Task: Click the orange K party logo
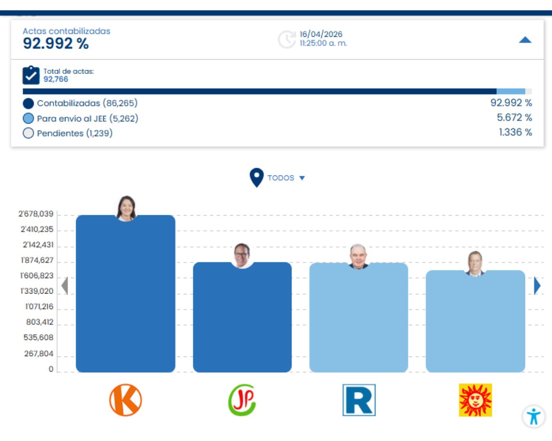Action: [x=126, y=400]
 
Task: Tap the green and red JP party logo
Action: [x=242, y=400]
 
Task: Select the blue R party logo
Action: [x=359, y=400]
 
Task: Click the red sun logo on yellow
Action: [x=475, y=400]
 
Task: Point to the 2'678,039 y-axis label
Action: [x=36, y=214]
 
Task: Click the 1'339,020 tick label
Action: [x=37, y=291]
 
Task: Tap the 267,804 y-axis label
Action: [x=38, y=354]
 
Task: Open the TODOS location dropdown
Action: [x=285, y=178]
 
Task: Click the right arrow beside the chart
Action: [x=537, y=285]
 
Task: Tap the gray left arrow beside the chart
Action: [x=65, y=285]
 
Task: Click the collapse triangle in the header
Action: [x=525, y=40]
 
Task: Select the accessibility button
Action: [x=534, y=416]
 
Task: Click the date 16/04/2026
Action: [x=321, y=34]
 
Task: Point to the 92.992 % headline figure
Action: [x=56, y=44]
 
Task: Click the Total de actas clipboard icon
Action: [x=31, y=75]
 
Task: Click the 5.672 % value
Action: [x=514, y=118]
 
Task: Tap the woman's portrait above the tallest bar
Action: [x=126, y=208]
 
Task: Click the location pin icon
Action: [x=256, y=177]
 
